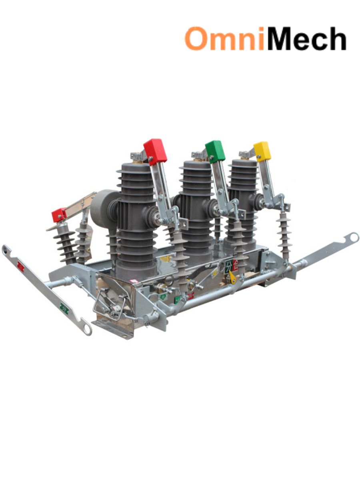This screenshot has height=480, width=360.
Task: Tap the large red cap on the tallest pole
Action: pos(155,151)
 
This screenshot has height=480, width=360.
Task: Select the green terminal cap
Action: pos(215,151)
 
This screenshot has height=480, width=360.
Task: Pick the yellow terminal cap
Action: pos(262,151)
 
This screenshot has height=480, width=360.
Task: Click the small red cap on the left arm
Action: pos(59,215)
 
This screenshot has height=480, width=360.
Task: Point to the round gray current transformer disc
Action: pos(103,208)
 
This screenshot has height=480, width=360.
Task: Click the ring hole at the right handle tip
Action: pos(353,238)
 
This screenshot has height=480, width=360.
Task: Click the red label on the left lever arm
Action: pos(20,267)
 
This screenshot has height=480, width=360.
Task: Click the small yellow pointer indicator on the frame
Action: pos(232,277)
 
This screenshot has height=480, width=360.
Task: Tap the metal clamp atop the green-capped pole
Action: pos(198,155)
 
